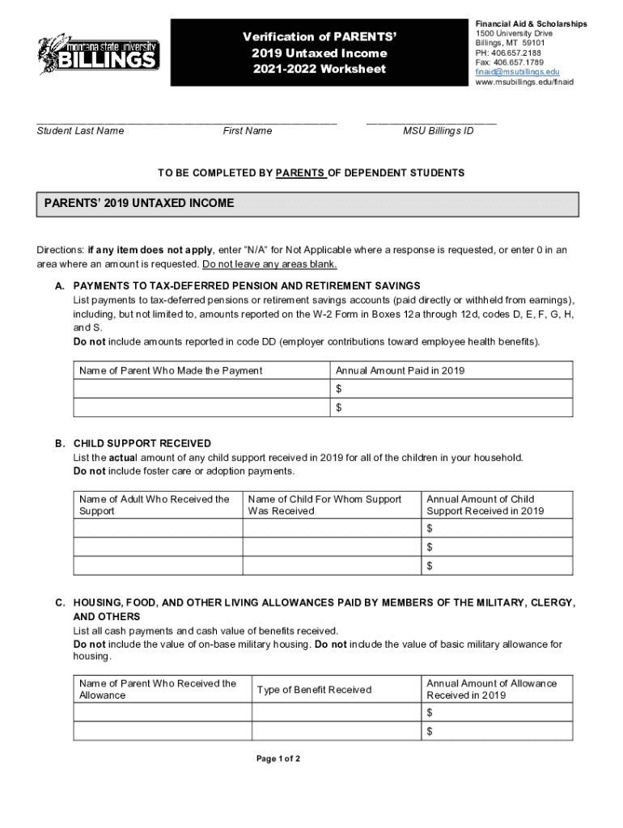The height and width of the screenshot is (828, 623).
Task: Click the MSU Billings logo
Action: point(97,54)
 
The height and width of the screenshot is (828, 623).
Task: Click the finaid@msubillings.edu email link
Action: point(517,72)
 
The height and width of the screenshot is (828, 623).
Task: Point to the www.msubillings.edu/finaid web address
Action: point(524,82)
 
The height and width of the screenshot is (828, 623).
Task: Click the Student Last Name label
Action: point(80,131)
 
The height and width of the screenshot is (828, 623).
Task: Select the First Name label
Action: point(248,131)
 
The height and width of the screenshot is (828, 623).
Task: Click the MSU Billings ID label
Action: point(439,131)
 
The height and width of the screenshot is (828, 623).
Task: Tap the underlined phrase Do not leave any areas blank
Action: point(269,264)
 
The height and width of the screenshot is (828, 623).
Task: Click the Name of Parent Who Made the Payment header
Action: point(171,370)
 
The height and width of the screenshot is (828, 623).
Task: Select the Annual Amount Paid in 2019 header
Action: point(400,370)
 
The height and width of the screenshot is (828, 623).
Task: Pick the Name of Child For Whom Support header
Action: point(324,505)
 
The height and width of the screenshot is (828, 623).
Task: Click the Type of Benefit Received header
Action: point(314,690)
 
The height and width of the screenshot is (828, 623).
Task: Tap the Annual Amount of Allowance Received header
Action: point(491,689)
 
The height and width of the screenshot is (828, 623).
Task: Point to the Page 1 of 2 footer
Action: point(278,759)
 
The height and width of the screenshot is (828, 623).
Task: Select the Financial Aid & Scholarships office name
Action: point(531,24)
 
